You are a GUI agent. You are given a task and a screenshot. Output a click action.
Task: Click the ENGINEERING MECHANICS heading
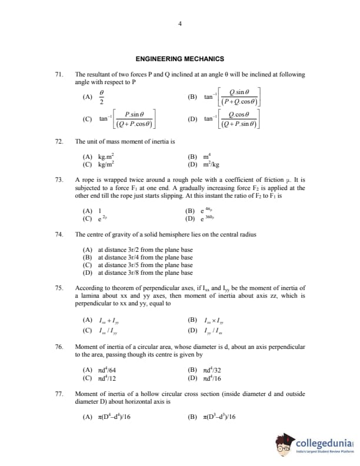(x=179, y=59)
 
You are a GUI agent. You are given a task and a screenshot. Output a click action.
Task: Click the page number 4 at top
(x=180, y=24)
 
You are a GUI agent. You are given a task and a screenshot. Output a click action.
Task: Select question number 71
(x=58, y=75)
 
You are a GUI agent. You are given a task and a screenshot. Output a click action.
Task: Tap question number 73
(x=58, y=179)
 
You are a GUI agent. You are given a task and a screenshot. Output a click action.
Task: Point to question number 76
(x=58, y=347)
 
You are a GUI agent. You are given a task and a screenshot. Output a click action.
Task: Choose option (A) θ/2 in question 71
(x=95, y=96)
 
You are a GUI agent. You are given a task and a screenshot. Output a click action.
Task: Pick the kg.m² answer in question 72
(x=100, y=157)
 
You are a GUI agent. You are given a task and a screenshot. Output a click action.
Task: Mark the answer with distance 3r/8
(x=138, y=272)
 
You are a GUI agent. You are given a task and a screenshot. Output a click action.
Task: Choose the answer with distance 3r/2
(x=138, y=249)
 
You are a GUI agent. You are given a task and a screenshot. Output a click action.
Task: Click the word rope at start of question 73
(x=88, y=179)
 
